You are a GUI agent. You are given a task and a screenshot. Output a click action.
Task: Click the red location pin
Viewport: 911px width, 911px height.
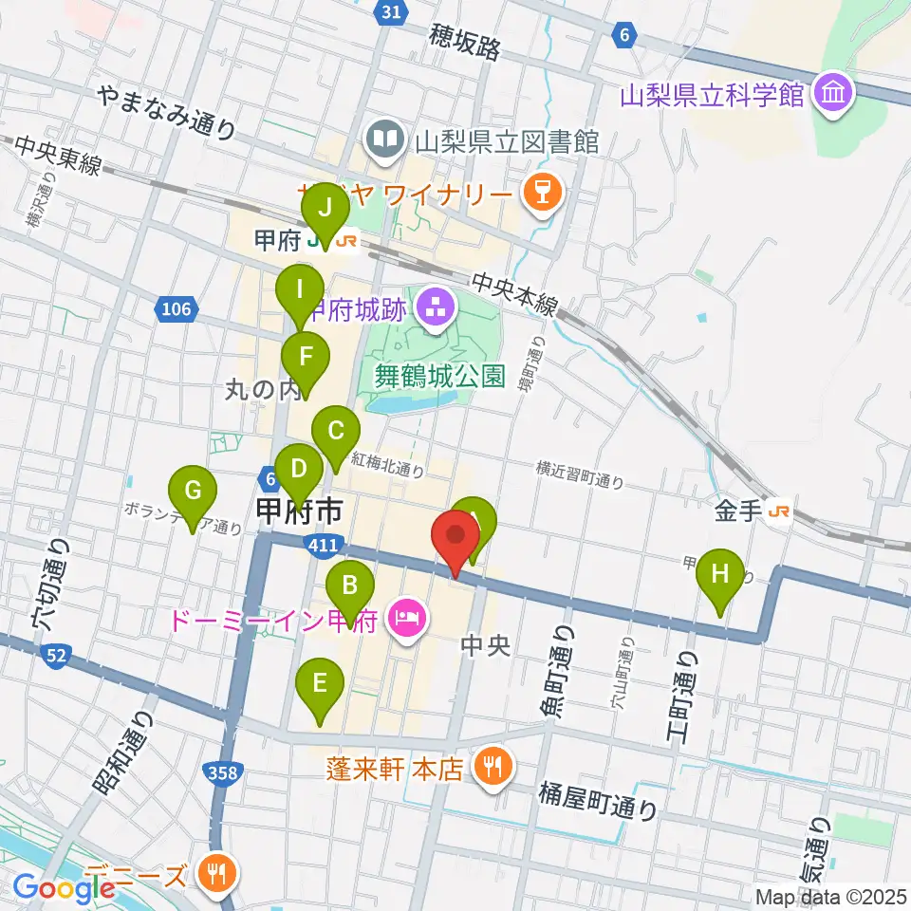pyautogui.click(x=455, y=536)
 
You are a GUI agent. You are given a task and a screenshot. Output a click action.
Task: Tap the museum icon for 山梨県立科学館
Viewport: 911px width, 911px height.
pyautogui.click(x=836, y=95)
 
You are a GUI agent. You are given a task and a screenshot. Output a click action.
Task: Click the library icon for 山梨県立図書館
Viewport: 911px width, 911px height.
pyautogui.click(x=386, y=141)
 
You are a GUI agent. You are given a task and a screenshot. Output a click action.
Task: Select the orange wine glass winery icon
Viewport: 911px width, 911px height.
pyautogui.click(x=543, y=195)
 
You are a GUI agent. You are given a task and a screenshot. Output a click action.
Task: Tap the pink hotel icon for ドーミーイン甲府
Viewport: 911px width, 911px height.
pyautogui.click(x=407, y=622)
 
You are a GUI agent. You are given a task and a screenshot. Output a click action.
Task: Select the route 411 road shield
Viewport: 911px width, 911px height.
pyautogui.click(x=323, y=544)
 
